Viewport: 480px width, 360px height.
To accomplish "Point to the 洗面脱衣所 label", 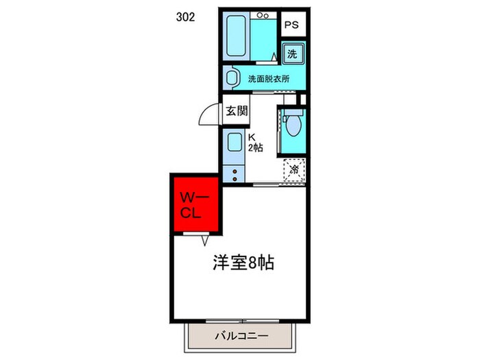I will tap(268, 78).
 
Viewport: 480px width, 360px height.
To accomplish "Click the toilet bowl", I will tap(293, 126).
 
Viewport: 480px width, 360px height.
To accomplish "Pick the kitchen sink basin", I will tap(233, 144).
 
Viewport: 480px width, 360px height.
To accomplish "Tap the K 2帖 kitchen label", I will tap(255, 142).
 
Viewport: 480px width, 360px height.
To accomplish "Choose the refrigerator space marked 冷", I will tap(294, 169).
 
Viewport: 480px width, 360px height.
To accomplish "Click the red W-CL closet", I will tap(195, 204).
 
